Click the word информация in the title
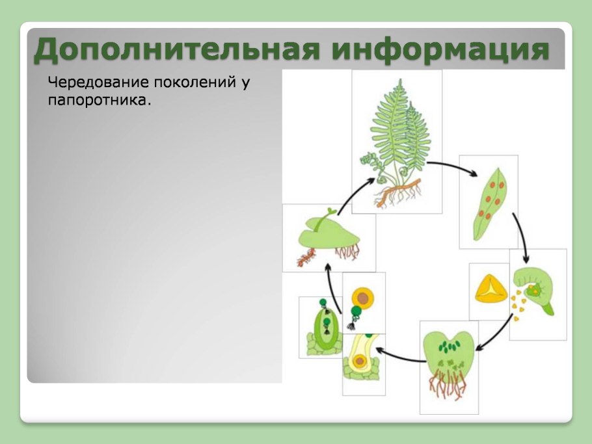440,49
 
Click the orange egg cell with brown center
362,298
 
